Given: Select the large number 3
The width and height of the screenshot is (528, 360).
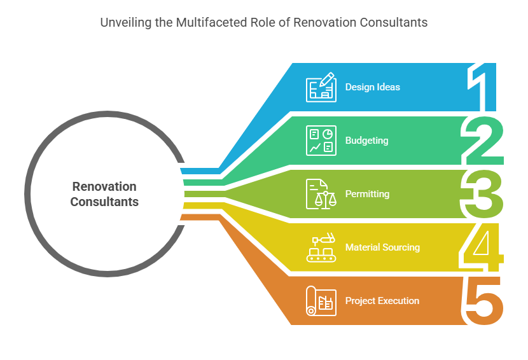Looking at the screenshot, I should click(x=482, y=193).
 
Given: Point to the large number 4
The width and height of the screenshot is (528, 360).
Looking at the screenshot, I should click(x=482, y=247).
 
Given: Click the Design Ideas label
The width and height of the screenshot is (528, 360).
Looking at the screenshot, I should click(x=373, y=87).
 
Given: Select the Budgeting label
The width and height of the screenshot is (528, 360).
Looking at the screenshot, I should click(x=366, y=141).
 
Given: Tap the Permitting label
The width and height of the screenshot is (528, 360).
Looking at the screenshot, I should click(x=367, y=193).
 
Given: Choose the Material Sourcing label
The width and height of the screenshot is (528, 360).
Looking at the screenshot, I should click(x=382, y=247).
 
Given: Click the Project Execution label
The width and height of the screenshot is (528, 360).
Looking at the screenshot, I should click(x=382, y=301).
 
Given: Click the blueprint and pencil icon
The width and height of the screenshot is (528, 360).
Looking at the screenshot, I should click(x=321, y=87).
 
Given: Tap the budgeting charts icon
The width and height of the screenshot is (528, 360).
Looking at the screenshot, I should click(x=321, y=141).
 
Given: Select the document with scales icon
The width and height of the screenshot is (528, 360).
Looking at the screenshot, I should click(x=321, y=194).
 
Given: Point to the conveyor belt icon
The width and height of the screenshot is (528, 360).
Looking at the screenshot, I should click(x=321, y=247).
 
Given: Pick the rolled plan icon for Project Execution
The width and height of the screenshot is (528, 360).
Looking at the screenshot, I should click(x=321, y=301).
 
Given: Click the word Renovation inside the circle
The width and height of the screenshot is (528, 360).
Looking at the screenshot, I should click(x=104, y=186).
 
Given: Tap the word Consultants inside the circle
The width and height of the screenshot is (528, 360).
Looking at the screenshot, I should click(x=104, y=202).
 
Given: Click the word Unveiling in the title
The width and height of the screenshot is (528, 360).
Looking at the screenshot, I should click(x=123, y=22).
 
